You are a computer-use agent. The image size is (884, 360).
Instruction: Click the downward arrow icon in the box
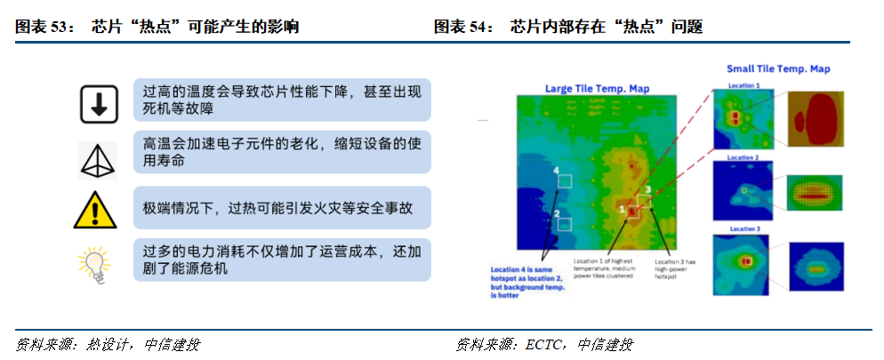point(99,104)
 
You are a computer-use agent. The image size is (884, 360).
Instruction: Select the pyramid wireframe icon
point(99,156)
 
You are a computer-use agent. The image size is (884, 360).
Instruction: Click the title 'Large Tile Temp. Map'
point(596,88)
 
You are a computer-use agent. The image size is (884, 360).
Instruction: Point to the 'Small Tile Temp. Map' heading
point(776,68)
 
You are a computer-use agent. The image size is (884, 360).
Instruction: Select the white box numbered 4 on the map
point(564,180)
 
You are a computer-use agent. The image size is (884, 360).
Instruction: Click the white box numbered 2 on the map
point(563,224)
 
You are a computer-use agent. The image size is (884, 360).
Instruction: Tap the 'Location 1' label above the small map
point(743,85)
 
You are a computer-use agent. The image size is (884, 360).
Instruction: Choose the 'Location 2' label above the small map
point(743,156)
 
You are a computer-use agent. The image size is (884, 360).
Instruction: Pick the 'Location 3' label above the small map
point(743,228)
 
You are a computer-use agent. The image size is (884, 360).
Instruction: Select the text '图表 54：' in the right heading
point(464,28)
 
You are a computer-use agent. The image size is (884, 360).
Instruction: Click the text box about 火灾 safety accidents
point(282,207)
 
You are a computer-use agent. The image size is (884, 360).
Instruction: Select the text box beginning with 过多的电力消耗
point(282,260)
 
